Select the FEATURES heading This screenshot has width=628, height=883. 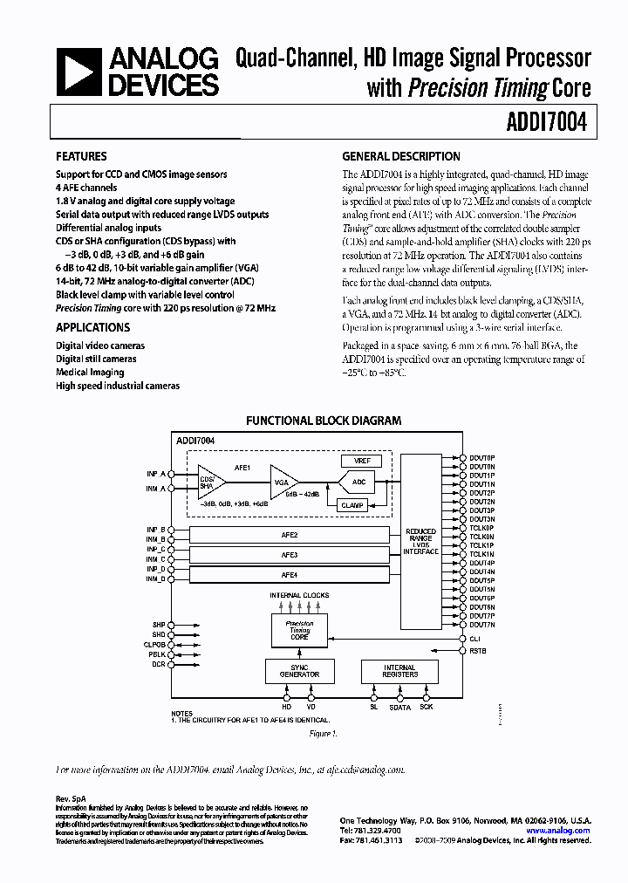[81, 157]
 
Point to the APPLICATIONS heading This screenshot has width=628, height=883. [92, 327]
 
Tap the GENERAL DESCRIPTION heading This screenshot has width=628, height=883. [400, 157]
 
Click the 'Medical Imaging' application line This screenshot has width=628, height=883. [90, 372]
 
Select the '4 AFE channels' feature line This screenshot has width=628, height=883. [85, 188]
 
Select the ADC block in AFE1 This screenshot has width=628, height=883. [358, 482]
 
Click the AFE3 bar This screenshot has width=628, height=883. [289, 555]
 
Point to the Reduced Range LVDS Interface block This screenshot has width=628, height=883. [420, 540]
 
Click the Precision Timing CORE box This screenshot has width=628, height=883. [299, 630]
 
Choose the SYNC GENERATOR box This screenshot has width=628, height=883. [298, 671]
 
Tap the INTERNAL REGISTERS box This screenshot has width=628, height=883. [399, 671]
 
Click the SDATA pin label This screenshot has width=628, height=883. [399, 708]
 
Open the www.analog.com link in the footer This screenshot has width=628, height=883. [558, 831]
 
